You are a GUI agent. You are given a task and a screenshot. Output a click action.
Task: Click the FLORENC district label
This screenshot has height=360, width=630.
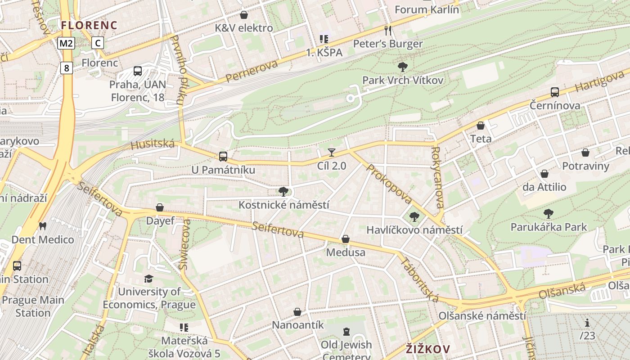[x=89, y=25]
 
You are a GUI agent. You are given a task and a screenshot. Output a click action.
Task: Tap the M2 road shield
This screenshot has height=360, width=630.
[x=66, y=43]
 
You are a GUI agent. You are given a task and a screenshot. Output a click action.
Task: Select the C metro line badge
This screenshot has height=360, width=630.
[x=98, y=43]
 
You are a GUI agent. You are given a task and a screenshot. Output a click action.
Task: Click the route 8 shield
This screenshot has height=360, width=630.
[x=67, y=68]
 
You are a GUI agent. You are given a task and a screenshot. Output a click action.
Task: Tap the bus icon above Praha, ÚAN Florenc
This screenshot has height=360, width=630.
[x=138, y=71]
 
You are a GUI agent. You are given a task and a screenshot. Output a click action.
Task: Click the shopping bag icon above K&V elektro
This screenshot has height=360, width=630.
[x=243, y=15]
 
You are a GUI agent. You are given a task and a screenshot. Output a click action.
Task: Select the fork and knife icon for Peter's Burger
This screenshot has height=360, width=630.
[x=388, y=31]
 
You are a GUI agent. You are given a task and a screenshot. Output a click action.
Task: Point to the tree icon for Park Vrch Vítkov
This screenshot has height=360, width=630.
[x=403, y=67]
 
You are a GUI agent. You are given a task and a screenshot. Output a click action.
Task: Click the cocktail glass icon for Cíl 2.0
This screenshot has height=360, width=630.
[x=332, y=153]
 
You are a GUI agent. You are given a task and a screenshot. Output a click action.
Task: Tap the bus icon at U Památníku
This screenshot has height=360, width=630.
[x=223, y=157]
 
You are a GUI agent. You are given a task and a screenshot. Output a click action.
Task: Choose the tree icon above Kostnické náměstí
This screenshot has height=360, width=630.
[x=283, y=192]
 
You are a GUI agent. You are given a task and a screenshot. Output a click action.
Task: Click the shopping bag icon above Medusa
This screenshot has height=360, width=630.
[x=346, y=239]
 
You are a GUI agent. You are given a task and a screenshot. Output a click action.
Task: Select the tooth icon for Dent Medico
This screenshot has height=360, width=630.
[x=43, y=226]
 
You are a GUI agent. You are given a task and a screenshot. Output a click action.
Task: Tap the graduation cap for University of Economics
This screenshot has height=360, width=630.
[x=149, y=279]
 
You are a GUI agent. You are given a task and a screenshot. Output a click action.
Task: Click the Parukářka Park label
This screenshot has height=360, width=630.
[x=549, y=227]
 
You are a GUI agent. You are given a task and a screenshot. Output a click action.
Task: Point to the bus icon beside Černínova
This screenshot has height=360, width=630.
[x=555, y=92]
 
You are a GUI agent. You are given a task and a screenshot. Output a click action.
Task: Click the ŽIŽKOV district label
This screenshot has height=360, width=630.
[x=427, y=349]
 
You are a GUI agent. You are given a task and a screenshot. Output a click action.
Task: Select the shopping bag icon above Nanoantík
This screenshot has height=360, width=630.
[x=297, y=311]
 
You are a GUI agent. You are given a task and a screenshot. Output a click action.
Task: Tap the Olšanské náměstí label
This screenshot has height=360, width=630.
[x=482, y=315]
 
